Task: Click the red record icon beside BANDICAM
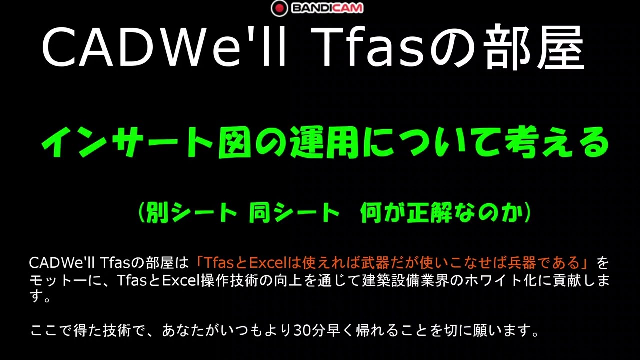tap(279, 8)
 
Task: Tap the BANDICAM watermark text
tap(327, 8)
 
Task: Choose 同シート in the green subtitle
tap(294, 214)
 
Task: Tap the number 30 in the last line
tap(303, 331)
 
